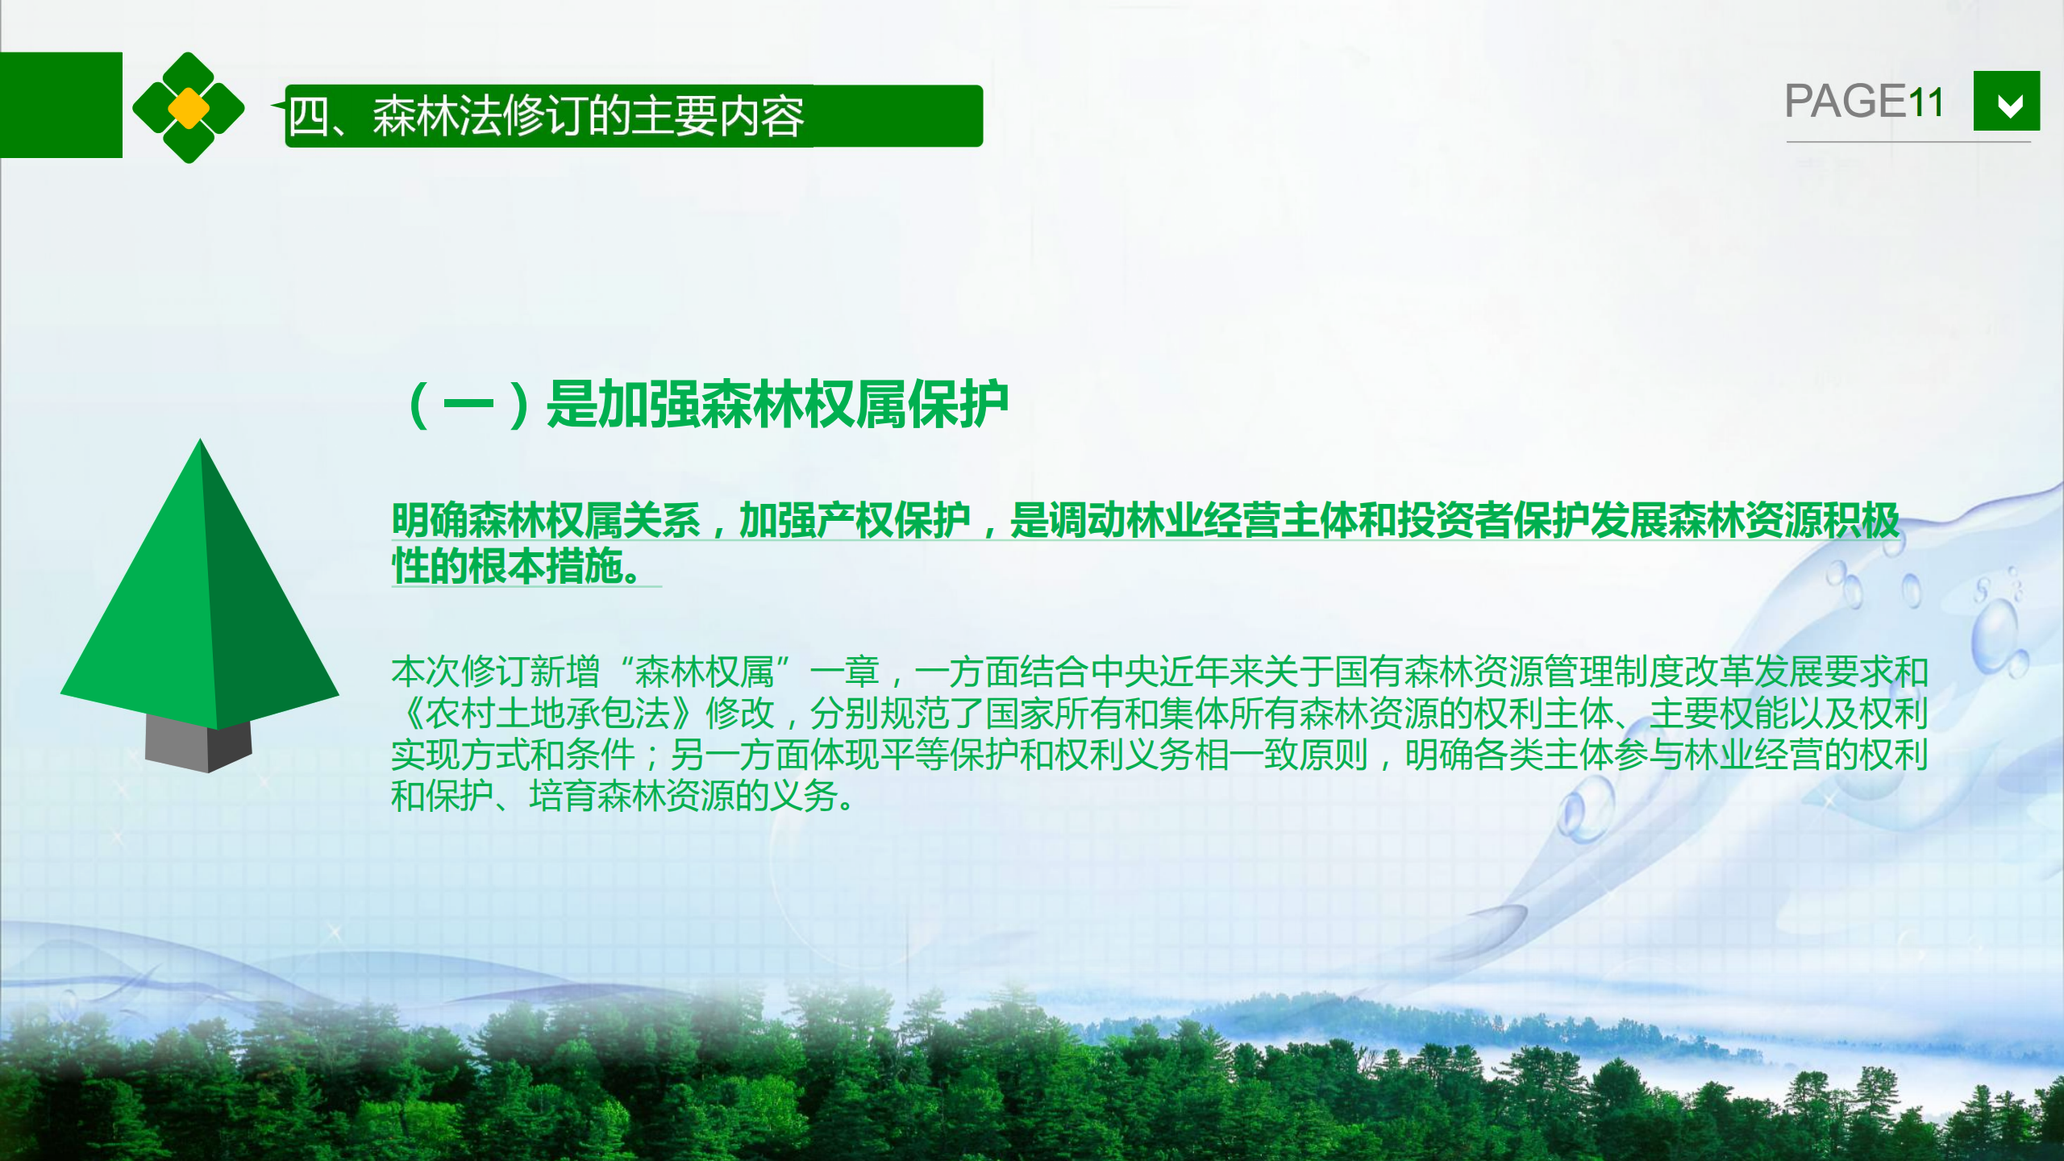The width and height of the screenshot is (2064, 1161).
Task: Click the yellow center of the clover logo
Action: [189, 108]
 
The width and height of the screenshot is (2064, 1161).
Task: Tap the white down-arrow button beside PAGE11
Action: [2007, 101]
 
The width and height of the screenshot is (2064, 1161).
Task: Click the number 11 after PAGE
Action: [1925, 102]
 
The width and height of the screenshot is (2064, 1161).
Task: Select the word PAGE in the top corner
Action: [1845, 102]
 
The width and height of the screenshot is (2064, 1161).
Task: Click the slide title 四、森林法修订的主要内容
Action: [547, 116]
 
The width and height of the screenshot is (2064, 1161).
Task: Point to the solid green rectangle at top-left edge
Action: [61, 105]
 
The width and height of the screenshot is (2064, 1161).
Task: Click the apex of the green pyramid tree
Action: [200, 439]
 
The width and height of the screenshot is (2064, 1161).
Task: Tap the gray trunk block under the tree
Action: [198, 743]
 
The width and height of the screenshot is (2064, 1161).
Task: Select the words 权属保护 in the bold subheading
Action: [905, 405]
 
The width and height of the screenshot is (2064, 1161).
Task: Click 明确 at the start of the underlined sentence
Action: [430, 520]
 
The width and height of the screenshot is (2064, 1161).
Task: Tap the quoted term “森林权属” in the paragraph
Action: [705, 671]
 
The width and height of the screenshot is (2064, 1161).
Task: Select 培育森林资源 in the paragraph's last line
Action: [632, 796]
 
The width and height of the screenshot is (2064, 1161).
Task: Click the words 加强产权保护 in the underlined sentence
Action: [855, 520]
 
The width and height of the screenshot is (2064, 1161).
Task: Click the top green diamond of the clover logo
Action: [189, 70]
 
